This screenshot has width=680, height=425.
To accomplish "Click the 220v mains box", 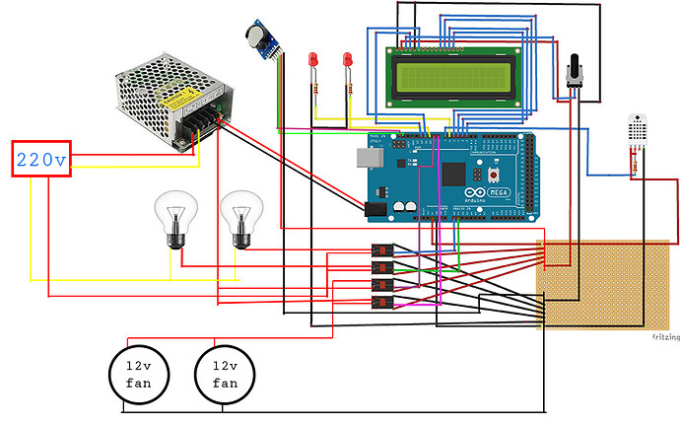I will tap(40, 158).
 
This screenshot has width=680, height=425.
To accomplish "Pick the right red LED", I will tap(348, 60).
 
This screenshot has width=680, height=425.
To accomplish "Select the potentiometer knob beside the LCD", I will tap(576, 68).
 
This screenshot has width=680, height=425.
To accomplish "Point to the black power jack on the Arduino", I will tap(374, 208).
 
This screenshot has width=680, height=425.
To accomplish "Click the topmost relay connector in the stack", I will tap(382, 250).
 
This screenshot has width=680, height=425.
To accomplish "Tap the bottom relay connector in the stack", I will tap(382, 300).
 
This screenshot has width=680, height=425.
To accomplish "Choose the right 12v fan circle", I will tap(225, 374).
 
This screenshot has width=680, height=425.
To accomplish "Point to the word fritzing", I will tap(664, 336).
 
